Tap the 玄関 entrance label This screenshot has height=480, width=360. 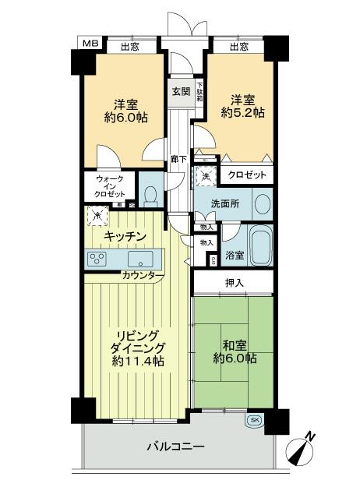180,91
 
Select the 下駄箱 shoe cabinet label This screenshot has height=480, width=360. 199,91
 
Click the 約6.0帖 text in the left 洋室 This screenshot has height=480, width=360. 125,118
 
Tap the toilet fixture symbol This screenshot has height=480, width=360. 151,192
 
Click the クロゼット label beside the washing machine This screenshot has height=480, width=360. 249,175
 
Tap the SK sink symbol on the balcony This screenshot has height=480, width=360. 254,420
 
